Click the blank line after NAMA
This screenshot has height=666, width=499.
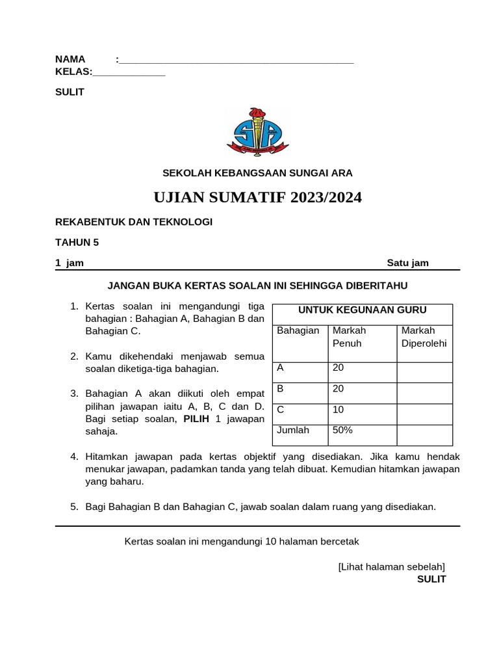[237, 61]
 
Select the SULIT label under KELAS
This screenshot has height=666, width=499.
[70, 92]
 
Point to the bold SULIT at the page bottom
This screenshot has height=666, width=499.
[431, 579]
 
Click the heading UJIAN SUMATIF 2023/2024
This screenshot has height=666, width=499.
[257, 198]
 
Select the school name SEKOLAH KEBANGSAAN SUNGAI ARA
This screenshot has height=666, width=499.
[257, 173]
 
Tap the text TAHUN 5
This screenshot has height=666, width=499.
[77, 243]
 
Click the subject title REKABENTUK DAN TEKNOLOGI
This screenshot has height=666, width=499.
[134, 222]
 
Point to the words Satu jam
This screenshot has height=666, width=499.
[407, 263]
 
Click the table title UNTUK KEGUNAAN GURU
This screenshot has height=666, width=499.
[362, 310]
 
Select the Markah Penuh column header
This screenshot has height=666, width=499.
[348, 337]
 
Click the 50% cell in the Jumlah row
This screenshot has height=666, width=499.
[342, 431]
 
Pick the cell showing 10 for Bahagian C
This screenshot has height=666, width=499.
[339, 410]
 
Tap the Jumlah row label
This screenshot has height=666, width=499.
[293, 431]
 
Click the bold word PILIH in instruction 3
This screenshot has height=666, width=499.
[196, 419]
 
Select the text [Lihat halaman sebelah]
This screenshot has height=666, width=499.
[391, 566]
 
